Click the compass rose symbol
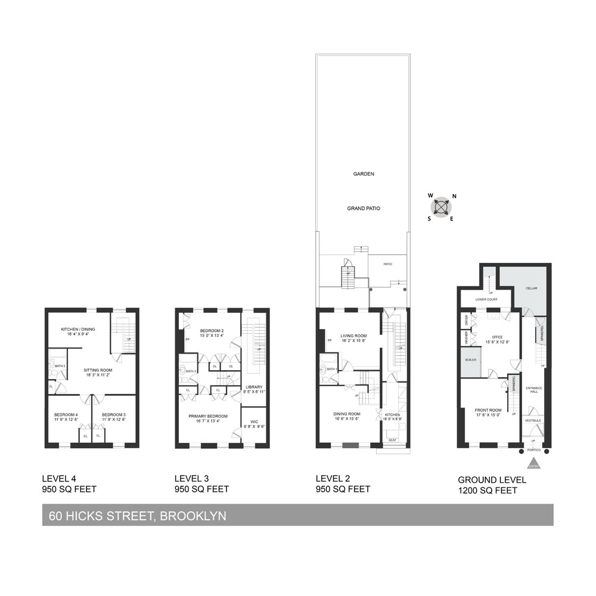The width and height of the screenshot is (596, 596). (441, 207)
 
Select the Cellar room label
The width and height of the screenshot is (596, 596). (531, 288)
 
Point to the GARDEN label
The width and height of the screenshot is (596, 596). (363, 174)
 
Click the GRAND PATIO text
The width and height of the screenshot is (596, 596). (364, 209)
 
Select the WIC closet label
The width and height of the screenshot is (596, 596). (254, 423)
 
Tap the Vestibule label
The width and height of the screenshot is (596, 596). (533, 421)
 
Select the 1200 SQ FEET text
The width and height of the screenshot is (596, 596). (487, 491)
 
